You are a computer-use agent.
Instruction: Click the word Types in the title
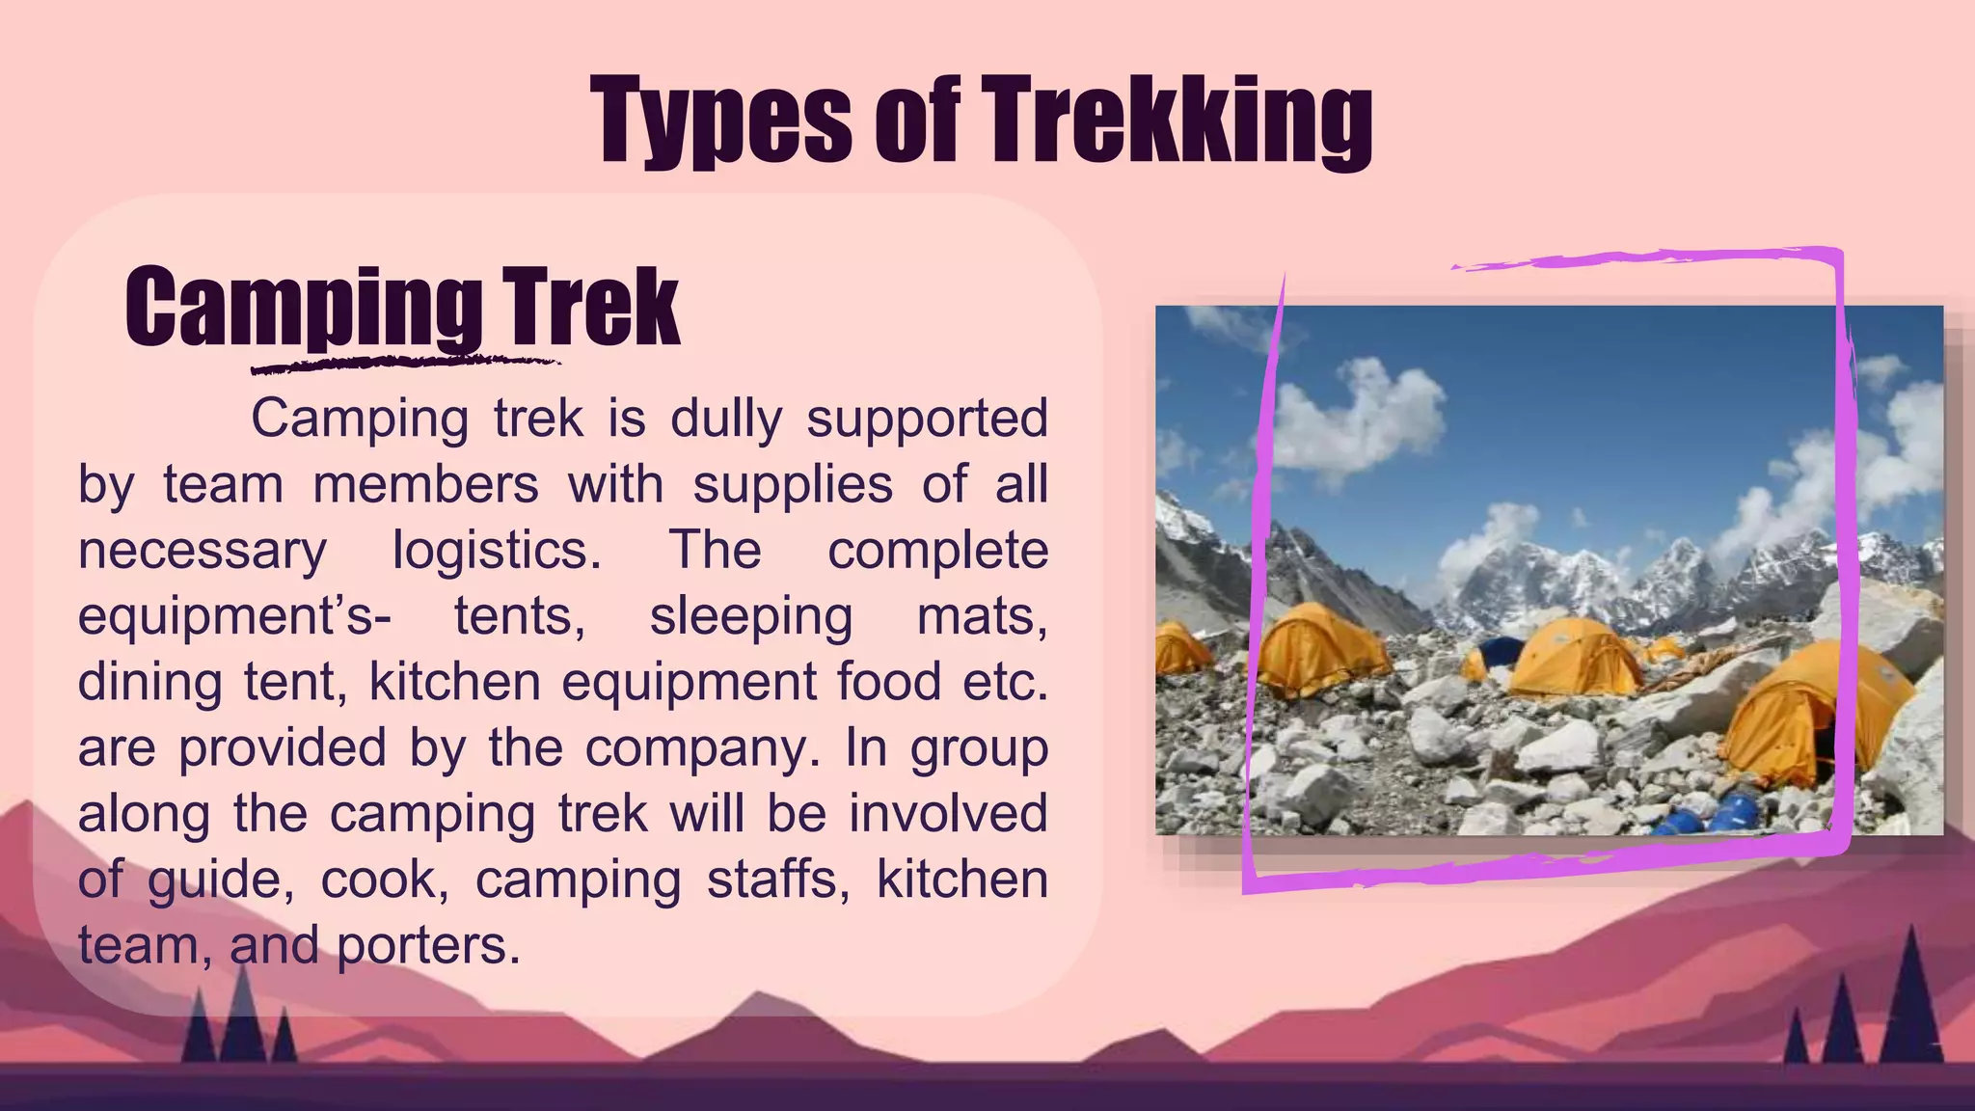pyautogui.click(x=721, y=121)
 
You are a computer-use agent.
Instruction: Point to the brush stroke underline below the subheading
pyautogui.click(x=405, y=365)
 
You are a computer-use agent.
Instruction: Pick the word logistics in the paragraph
pyautogui.click(x=497, y=551)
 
